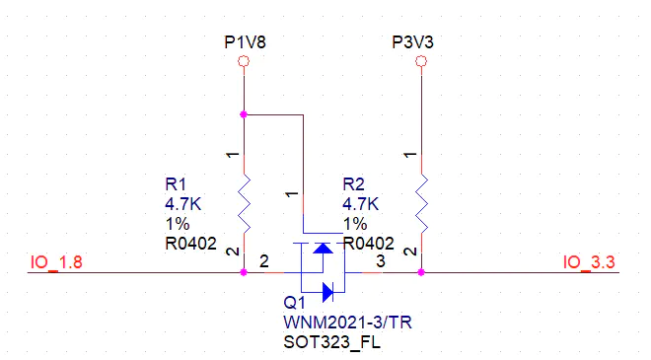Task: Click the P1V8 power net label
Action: (x=245, y=42)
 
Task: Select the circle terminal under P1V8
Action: (x=245, y=62)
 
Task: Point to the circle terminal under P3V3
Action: (x=421, y=62)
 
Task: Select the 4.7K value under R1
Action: (x=182, y=204)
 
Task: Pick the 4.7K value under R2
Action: (x=360, y=204)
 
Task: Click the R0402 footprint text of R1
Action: (x=191, y=244)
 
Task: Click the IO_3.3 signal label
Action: (x=589, y=262)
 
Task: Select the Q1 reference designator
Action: (x=294, y=302)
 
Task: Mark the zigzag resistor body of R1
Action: (x=245, y=202)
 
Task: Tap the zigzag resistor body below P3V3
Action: (x=421, y=202)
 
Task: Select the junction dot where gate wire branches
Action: (x=245, y=115)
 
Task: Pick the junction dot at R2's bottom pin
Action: (x=421, y=273)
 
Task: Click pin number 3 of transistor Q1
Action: (x=381, y=261)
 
